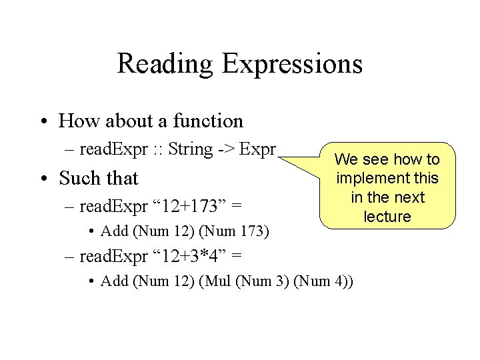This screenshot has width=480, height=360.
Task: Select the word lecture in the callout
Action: (387, 217)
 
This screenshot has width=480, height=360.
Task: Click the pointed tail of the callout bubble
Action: (283, 158)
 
